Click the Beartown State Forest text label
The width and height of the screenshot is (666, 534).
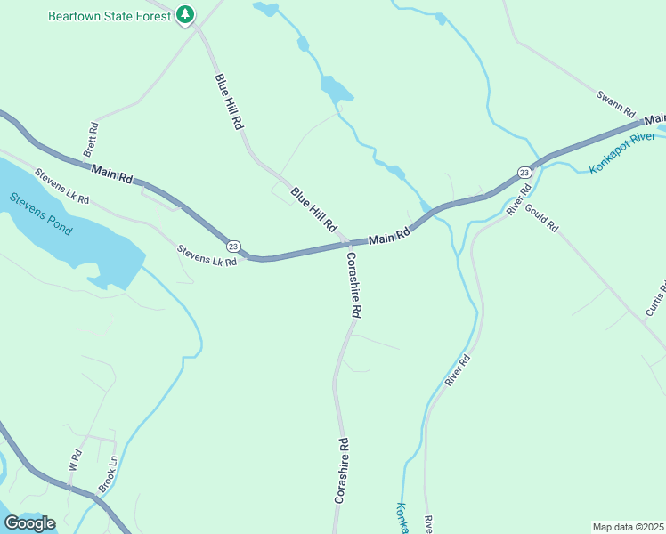[x=110, y=15]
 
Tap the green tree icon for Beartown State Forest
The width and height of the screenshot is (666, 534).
[x=185, y=14]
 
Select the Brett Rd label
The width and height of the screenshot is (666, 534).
[x=91, y=141]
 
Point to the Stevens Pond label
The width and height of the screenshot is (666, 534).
[x=41, y=214]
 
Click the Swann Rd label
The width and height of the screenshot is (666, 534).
[x=615, y=104]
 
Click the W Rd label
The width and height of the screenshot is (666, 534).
[x=75, y=460]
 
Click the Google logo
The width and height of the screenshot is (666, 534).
[x=29, y=523]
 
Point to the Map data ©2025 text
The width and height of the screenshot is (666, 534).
[x=629, y=527]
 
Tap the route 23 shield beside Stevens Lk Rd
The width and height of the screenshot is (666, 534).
[x=233, y=246]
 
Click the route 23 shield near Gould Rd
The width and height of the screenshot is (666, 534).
[x=524, y=172]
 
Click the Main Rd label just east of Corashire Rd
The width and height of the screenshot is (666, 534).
[x=389, y=238]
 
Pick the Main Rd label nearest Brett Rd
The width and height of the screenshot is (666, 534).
[x=112, y=174]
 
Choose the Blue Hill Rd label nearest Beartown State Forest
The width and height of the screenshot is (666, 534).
[x=228, y=102]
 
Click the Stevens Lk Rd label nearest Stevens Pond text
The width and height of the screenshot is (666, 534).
[x=61, y=187]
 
